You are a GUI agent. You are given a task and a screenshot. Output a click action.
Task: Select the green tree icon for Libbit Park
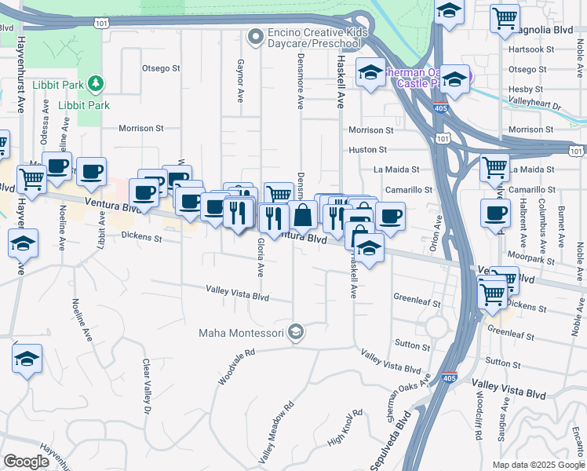[95, 82]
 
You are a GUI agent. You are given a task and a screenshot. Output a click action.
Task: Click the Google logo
[26, 462]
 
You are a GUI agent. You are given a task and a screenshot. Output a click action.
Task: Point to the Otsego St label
[161, 68]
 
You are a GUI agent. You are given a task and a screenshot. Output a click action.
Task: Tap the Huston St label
[368, 149]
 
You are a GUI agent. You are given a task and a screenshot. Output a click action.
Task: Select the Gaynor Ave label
[240, 81]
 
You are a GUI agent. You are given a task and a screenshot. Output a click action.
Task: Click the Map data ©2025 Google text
[538, 465]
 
